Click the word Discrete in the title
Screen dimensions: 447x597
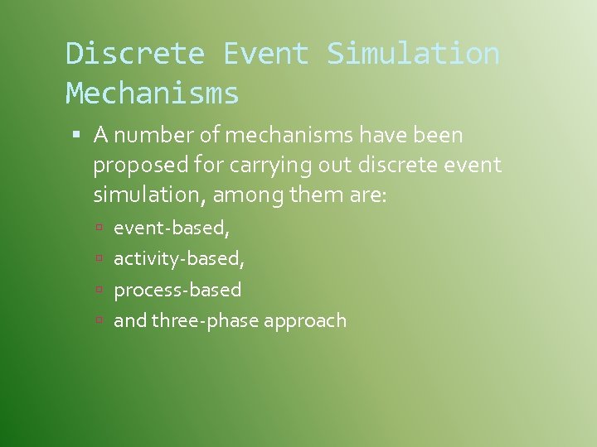click(135, 54)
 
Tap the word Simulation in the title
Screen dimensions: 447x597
click(413, 54)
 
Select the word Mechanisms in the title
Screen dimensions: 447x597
click(153, 94)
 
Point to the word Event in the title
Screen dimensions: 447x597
click(265, 54)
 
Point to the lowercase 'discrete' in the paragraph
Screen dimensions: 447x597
click(400, 165)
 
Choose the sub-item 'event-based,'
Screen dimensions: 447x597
click(171, 227)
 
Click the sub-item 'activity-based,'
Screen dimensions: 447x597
click(179, 258)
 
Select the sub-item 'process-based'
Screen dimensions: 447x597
click(177, 290)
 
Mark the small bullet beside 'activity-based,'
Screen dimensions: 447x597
click(98, 258)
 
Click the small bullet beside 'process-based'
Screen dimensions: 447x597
click(98, 290)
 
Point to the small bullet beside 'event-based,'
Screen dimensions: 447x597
click(98, 227)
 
